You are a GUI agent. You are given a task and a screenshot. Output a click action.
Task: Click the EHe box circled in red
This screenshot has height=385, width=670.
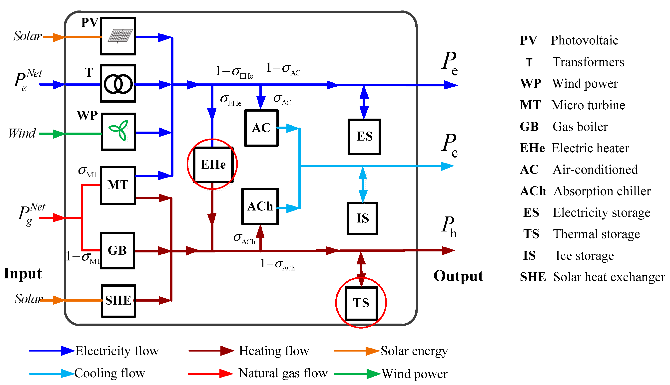(213, 165)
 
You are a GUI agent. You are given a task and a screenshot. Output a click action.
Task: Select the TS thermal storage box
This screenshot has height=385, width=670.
(361, 303)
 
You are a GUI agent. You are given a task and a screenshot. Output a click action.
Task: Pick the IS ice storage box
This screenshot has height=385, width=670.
(362, 219)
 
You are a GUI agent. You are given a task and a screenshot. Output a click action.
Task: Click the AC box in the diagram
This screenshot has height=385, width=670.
(261, 128)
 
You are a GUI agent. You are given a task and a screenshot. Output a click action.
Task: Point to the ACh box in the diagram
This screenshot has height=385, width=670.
(260, 206)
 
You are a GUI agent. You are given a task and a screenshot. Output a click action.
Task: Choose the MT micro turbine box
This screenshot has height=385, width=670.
(118, 185)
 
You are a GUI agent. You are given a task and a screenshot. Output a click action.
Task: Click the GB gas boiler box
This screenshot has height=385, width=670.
(117, 251)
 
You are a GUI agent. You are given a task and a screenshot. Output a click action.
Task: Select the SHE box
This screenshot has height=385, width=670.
(118, 301)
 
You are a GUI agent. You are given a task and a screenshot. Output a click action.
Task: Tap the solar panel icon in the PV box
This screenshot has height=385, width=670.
(120, 36)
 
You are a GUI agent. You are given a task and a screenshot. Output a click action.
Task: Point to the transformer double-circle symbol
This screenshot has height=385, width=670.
(118, 84)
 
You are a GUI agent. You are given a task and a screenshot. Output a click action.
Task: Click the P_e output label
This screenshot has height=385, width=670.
(450, 63)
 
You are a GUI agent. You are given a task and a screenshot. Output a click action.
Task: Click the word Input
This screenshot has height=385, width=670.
(23, 273)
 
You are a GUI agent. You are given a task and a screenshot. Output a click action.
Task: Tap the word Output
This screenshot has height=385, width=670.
(458, 276)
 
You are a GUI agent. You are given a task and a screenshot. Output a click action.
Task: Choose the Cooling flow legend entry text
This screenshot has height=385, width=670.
(109, 373)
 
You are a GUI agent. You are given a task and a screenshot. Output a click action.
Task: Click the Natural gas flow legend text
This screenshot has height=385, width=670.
(283, 373)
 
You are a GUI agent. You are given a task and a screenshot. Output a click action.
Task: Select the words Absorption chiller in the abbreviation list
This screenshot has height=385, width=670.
(602, 191)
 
